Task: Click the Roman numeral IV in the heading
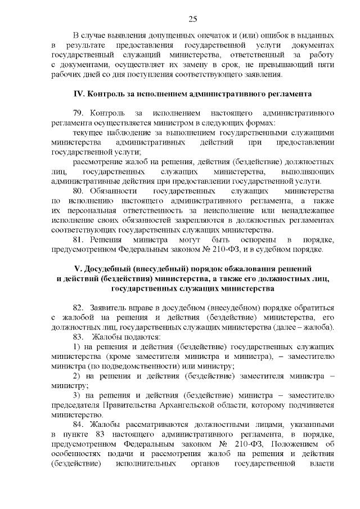click(79, 93)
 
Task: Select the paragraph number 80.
click(79, 191)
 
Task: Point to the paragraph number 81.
click(78, 240)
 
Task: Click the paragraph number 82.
click(79, 308)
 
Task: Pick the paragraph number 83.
click(79, 336)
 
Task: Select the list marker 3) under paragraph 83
click(77, 395)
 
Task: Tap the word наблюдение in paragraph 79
click(123, 133)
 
